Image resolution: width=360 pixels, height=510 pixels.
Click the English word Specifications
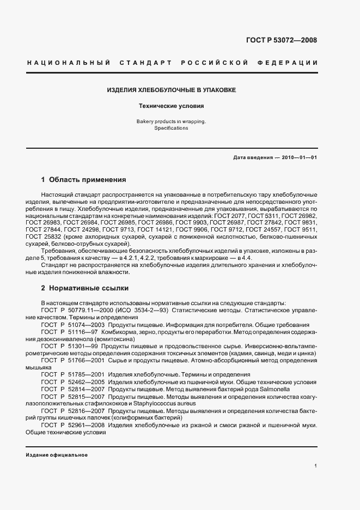[171, 128]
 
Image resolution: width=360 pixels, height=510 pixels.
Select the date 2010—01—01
[300, 157]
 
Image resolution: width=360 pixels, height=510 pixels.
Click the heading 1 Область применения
[84, 179]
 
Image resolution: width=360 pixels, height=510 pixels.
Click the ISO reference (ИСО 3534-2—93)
[142, 310]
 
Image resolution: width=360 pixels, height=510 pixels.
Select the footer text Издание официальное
[57, 455]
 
